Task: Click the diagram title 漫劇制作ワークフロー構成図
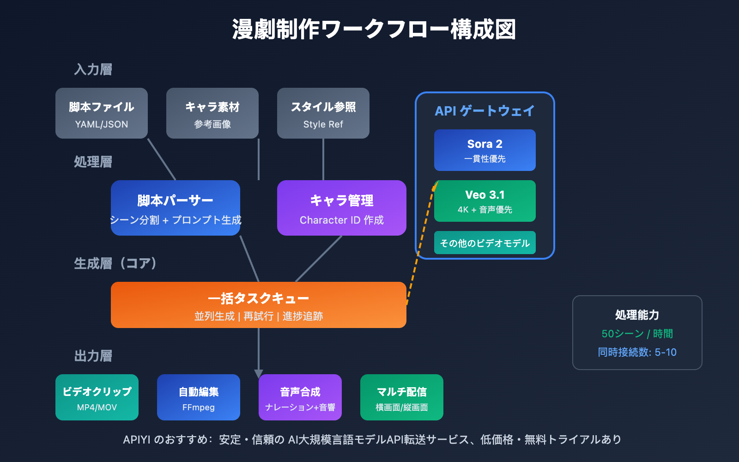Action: pyautogui.click(x=374, y=30)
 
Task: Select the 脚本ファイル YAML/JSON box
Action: pyautogui.click(x=102, y=113)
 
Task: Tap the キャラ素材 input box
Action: pyautogui.click(x=212, y=113)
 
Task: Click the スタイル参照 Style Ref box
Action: pyautogui.click(x=323, y=113)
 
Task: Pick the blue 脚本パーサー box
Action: pyautogui.click(x=176, y=208)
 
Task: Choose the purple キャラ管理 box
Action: pyautogui.click(x=342, y=208)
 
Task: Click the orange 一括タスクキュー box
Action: pyautogui.click(x=259, y=305)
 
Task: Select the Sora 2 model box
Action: pyautogui.click(x=485, y=150)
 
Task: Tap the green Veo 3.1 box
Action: pyautogui.click(x=485, y=201)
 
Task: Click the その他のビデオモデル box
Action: pyautogui.click(x=485, y=243)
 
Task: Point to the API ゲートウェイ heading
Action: pyautogui.click(x=485, y=111)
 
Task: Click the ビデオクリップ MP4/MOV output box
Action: pyautogui.click(x=97, y=397)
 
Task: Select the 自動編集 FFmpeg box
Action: pyautogui.click(x=199, y=397)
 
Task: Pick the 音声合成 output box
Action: pyautogui.click(x=300, y=397)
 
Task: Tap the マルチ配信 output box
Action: pyautogui.click(x=402, y=397)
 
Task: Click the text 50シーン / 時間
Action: pyautogui.click(x=637, y=334)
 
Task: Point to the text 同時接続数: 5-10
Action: pyautogui.click(x=637, y=352)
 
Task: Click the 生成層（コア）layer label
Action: pyautogui.click(x=115, y=263)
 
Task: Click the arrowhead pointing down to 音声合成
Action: pyautogui.click(x=259, y=373)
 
